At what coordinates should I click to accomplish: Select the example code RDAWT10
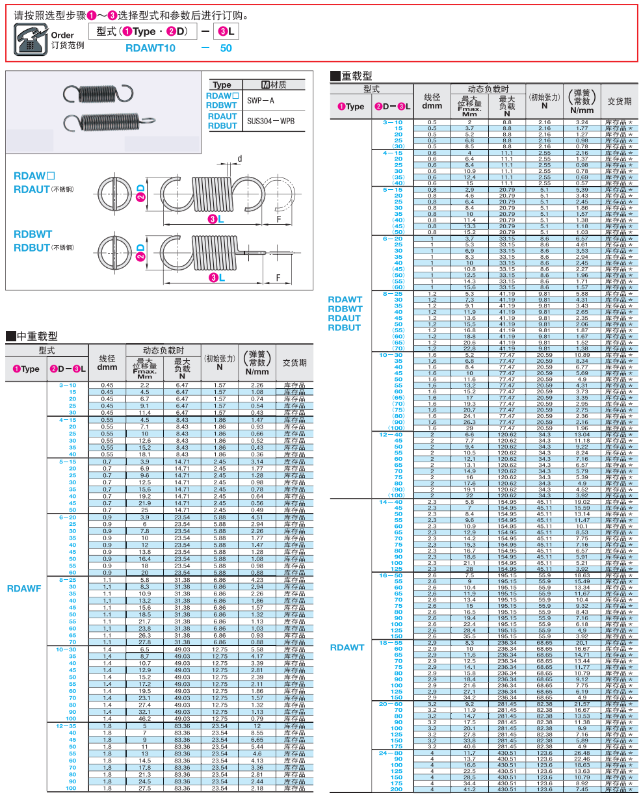tap(150, 48)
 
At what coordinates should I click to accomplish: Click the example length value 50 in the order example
tap(226, 48)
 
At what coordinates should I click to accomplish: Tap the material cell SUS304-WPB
tap(270, 121)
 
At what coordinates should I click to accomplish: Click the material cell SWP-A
tap(261, 100)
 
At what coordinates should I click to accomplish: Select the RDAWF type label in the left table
tap(24, 588)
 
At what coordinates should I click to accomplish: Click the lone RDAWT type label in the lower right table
tap(347, 647)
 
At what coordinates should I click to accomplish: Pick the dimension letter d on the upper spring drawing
tap(240, 159)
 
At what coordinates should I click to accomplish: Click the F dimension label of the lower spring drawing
tap(278, 278)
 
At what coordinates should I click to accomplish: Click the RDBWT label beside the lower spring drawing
tap(33, 234)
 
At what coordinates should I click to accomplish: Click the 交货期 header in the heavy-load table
tap(619, 101)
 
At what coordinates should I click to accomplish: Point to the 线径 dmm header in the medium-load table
tap(107, 363)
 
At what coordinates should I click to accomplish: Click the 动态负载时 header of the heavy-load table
tap(488, 89)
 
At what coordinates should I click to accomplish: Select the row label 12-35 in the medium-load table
tap(66, 725)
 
